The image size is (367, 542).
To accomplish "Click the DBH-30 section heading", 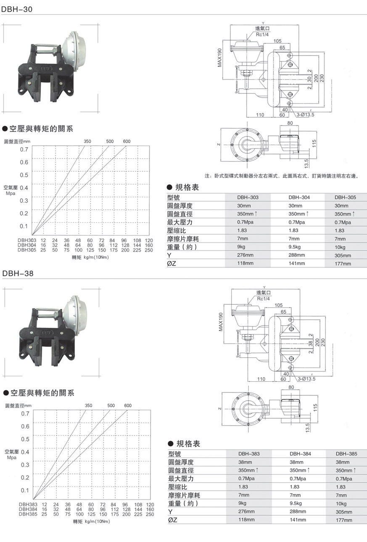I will coord(17,8).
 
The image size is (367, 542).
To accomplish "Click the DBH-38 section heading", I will coord(17,274).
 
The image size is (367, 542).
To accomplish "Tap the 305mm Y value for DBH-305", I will coord(343,255).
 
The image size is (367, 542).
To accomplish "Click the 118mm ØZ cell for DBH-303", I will coord(245,263).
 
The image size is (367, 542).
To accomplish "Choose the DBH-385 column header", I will coord(346,454).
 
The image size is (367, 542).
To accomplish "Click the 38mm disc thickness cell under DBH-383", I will coord(246,462).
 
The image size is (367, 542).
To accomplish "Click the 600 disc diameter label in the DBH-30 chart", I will coord(127,141).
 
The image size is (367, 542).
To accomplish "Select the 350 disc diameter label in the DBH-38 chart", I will coord(88,406).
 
